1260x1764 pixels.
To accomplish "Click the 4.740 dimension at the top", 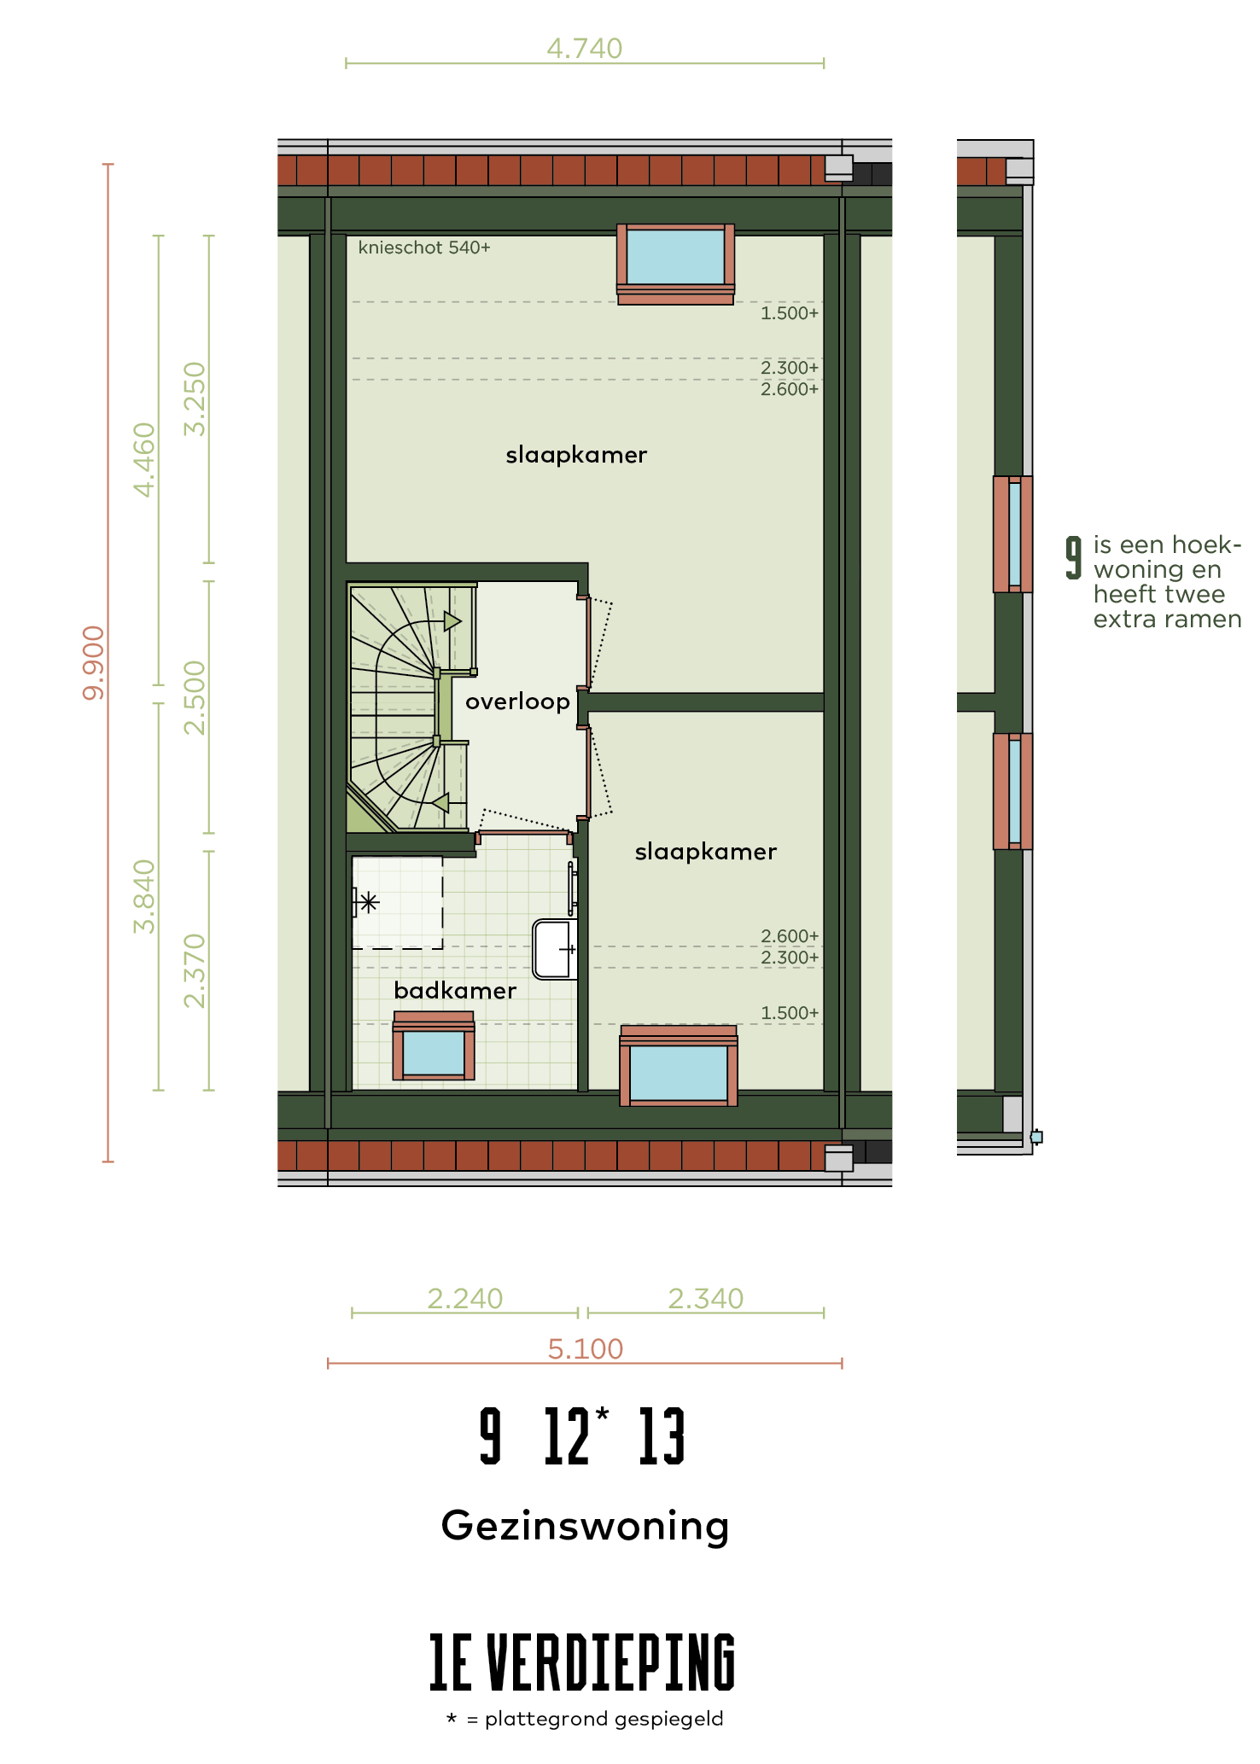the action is coord(585,49).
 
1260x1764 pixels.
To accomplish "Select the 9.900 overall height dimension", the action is coord(93,663).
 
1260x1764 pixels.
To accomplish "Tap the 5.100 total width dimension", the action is coord(586,1349).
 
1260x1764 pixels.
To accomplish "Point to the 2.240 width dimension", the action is coord(465,1299).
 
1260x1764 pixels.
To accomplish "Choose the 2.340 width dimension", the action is coord(706,1299).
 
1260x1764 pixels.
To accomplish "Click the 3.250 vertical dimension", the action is coord(195,399).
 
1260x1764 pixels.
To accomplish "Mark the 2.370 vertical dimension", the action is coord(195,971).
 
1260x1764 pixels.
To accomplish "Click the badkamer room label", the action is coord(455,991).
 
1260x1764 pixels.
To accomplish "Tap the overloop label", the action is coord(517,702).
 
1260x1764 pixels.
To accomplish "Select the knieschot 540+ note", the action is coord(424,247).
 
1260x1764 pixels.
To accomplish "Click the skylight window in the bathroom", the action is coord(434,1046).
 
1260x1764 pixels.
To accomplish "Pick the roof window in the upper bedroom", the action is coord(675,264).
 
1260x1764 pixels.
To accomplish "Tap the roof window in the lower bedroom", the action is coord(679,1066).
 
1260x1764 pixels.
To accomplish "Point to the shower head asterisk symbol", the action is coord(369,902).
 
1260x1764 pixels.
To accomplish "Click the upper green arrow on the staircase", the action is coord(452,621).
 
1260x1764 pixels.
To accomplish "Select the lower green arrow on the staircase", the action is coord(440,803).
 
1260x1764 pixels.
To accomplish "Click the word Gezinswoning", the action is coord(586,1526).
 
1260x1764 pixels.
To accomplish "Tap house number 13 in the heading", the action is coord(662,1436).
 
